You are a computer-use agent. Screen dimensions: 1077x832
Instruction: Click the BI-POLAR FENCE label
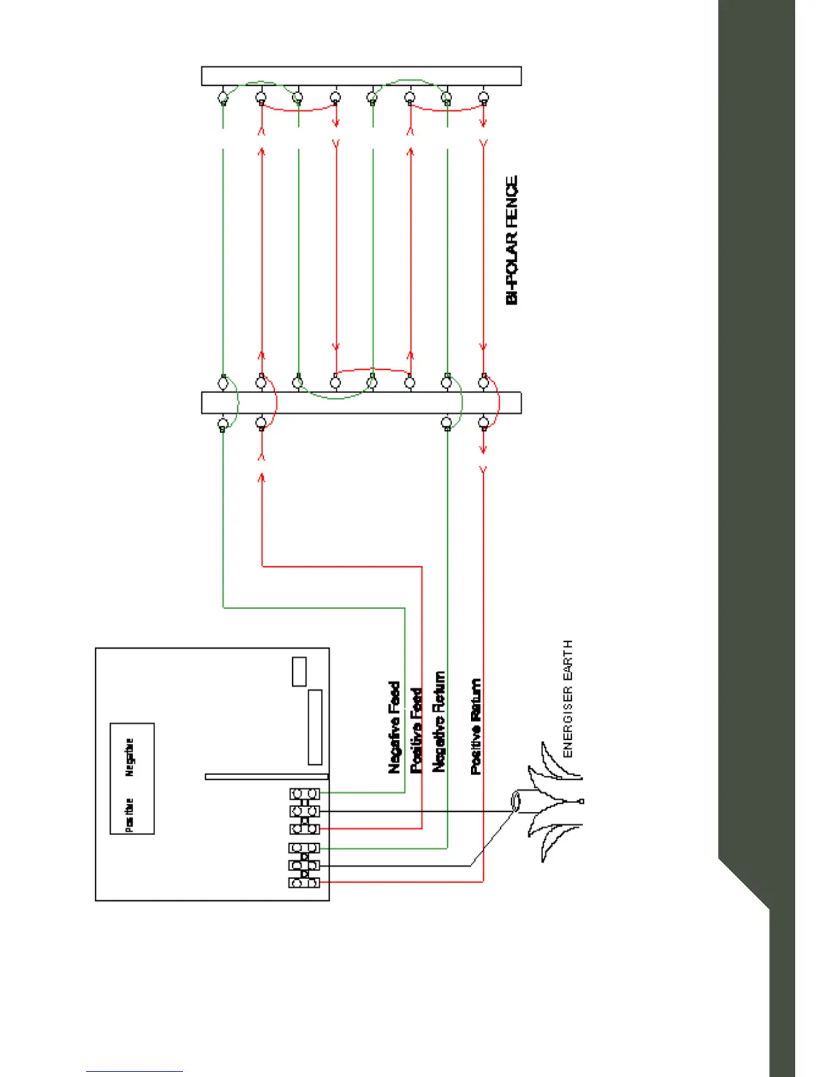(513, 240)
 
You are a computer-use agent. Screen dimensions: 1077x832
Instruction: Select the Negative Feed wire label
(394, 727)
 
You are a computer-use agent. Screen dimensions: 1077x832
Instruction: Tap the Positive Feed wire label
(416, 730)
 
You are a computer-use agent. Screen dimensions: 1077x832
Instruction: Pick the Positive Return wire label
(476, 726)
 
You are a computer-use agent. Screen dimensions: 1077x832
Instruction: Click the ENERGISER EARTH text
(568, 698)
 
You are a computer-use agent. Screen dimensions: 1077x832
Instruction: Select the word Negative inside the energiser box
(130, 757)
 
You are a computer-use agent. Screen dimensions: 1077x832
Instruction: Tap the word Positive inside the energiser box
(130, 815)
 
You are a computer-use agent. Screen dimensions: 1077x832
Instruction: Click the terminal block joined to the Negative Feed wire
(304, 793)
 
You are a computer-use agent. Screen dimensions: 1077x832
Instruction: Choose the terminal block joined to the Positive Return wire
(304, 883)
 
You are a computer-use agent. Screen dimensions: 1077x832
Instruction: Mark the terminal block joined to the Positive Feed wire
(304, 829)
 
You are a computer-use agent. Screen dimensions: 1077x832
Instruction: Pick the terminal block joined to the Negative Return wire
(304, 848)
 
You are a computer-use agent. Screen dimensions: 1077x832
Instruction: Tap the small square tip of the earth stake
(581, 802)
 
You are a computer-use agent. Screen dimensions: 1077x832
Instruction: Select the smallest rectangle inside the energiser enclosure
(299, 672)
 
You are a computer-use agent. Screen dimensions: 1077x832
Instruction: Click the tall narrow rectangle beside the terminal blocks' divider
(315, 727)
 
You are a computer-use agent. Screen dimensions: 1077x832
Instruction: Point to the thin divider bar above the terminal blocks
(266, 776)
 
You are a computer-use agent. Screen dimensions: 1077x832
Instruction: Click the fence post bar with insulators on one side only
(361, 75)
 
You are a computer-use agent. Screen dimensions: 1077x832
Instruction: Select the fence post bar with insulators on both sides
(361, 403)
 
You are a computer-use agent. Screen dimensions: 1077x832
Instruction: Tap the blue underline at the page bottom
(135, 1071)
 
